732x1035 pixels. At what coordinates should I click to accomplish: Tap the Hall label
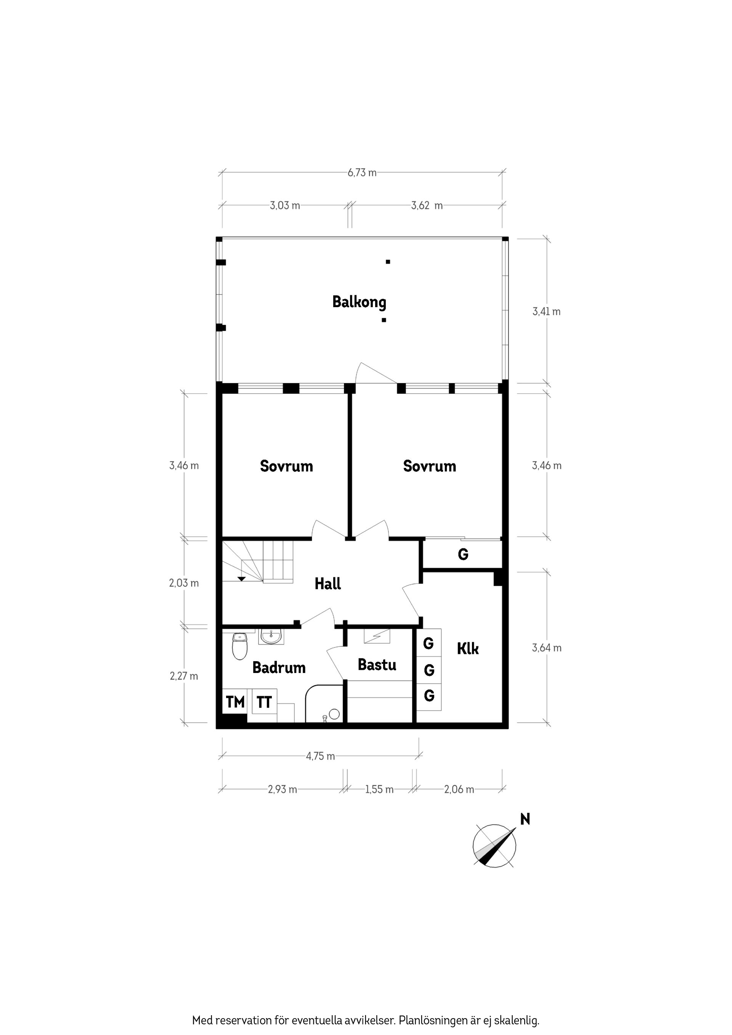(327, 584)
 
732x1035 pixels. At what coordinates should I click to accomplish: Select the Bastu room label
(377, 665)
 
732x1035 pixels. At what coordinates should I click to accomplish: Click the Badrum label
(279, 667)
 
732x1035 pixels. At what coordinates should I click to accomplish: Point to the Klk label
(468, 649)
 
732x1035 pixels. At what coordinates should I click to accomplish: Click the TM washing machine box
(235, 702)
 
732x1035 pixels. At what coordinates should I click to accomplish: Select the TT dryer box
(264, 702)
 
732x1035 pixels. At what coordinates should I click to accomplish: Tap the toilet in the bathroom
(240, 646)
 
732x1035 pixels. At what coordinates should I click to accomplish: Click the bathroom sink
(271, 637)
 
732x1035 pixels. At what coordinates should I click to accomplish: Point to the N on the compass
(525, 819)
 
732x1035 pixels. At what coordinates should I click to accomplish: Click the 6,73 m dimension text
(362, 173)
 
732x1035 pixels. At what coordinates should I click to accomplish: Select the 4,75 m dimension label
(320, 756)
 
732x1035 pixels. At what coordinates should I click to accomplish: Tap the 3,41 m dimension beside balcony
(546, 311)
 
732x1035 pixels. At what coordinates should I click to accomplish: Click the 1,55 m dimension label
(379, 789)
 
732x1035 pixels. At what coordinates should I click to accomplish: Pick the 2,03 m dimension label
(183, 583)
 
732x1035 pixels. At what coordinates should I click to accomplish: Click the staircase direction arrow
(241, 579)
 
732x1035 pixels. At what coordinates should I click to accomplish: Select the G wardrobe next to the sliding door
(463, 554)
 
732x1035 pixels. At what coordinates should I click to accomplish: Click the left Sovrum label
(286, 466)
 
